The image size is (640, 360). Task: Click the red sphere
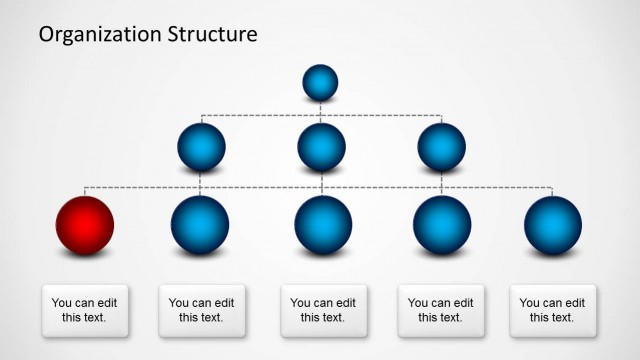pyautogui.click(x=85, y=224)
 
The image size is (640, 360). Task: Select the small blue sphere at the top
pyautogui.click(x=320, y=82)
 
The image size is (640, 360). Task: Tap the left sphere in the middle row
pyautogui.click(x=201, y=147)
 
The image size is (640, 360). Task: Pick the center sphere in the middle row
pyautogui.click(x=321, y=147)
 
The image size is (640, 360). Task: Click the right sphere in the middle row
pyautogui.click(x=441, y=147)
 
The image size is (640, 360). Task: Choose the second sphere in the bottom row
pyautogui.click(x=200, y=224)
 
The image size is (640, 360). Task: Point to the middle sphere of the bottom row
pyautogui.click(x=323, y=224)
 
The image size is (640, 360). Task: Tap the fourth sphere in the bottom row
pyautogui.click(x=442, y=224)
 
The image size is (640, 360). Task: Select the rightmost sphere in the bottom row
pyautogui.click(x=553, y=224)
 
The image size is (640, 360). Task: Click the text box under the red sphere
pyautogui.click(x=85, y=310)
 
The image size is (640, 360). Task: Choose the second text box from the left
pyautogui.click(x=202, y=310)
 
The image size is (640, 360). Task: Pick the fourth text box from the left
pyautogui.click(x=441, y=310)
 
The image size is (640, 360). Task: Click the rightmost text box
pyautogui.click(x=553, y=310)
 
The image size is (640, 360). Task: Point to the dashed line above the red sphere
pyautogui.click(x=85, y=190)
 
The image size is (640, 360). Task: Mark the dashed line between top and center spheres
pyautogui.click(x=321, y=110)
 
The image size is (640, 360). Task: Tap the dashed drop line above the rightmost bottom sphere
pyautogui.click(x=553, y=191)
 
